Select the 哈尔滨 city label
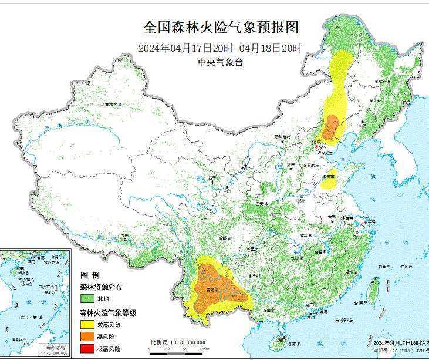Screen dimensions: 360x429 pos(383,79)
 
